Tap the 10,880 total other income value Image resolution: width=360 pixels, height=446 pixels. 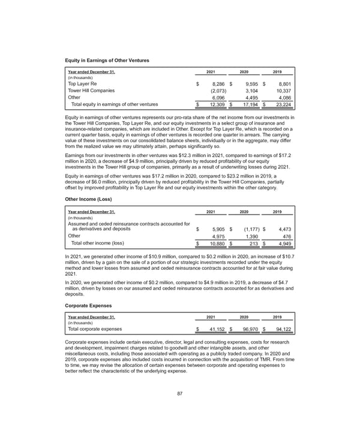[x=215, y=243]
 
